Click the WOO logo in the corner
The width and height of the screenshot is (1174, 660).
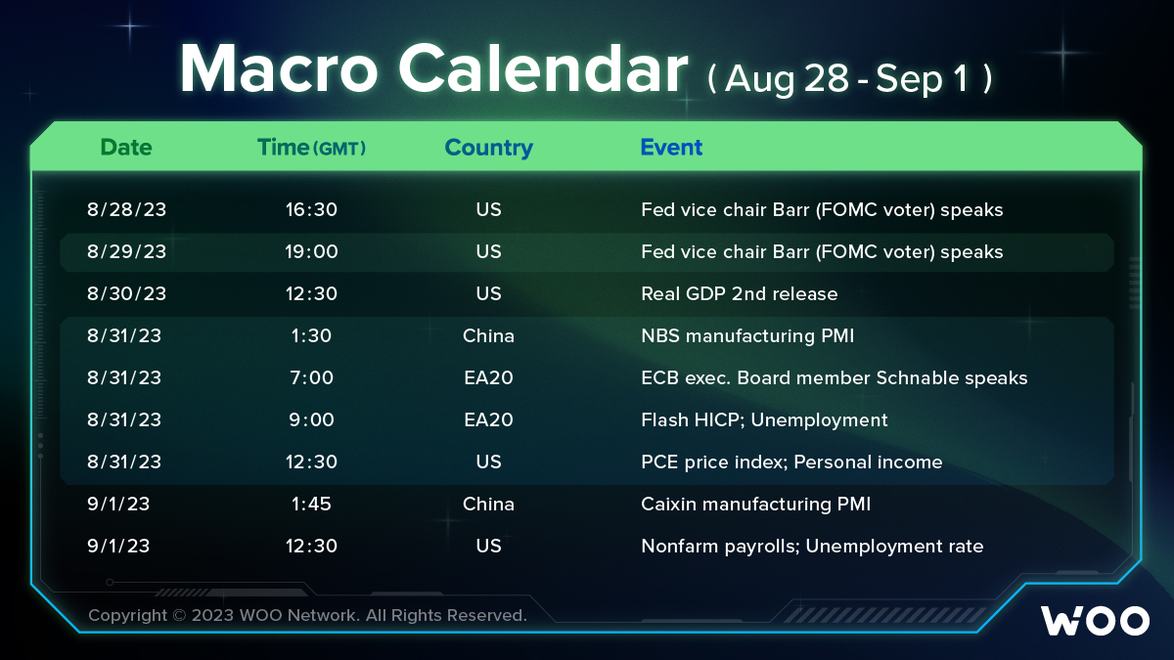[x=1095, y=621]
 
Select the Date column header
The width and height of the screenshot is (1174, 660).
[x=126, y=148]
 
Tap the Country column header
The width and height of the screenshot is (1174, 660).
[x=488, y=148]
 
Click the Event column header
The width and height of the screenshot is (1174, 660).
[x=671, y=148]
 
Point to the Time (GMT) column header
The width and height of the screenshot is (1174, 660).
[x=311, y=148]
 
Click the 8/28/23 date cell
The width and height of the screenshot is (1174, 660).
[x=126, y=209]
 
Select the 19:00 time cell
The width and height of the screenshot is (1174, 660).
[x=311, y=251]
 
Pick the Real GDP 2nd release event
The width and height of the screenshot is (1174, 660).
[x=739, y=293]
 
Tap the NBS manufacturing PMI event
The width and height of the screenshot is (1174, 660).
[x=747, y=335]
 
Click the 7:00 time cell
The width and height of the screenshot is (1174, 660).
[x=311, y=377]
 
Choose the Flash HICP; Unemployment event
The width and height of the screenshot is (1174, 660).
[x=764, y=420]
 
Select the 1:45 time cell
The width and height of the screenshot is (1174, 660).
[x=311, y=504]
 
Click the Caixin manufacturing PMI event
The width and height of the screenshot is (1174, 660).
[x=755, y=504]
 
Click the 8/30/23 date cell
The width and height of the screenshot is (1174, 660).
[x=126, y=293]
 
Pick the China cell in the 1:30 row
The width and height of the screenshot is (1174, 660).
[x=488, y=335]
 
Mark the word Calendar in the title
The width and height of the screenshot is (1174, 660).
[x=543, y=69]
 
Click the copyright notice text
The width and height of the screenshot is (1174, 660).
[x=307, y=615]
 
